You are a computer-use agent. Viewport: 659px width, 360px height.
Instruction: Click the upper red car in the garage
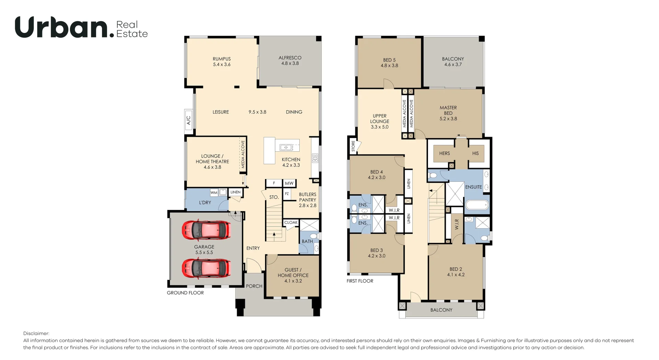pos(206,230)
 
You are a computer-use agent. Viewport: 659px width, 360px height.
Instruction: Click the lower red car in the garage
pos(206,268)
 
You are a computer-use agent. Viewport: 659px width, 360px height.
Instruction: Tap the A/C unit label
pos(188,120)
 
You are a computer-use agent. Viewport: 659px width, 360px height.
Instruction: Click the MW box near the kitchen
pos(289,183)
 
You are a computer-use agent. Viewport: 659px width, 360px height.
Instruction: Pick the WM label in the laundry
pos(214,193)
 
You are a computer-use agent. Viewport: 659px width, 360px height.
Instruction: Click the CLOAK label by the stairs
pos(291,222)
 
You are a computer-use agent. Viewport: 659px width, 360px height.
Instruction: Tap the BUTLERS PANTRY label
pos(308,197)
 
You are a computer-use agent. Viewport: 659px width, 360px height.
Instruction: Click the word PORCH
pos(254,286)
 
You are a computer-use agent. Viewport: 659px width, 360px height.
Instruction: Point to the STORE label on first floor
pos(353,146)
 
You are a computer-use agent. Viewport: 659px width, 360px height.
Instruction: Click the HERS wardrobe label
pos(444,153)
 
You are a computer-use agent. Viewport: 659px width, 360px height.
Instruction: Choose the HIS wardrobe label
pos(475,153)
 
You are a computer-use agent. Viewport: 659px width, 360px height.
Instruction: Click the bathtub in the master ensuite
pos(477,205)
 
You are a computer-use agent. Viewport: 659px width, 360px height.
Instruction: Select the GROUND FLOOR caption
pos(185,293)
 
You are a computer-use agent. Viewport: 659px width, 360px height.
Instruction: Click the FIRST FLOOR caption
pos(360,281)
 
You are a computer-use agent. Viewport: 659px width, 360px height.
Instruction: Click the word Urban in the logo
pos(62,27)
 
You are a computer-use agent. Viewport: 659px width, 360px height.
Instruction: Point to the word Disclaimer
pos(36,333)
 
